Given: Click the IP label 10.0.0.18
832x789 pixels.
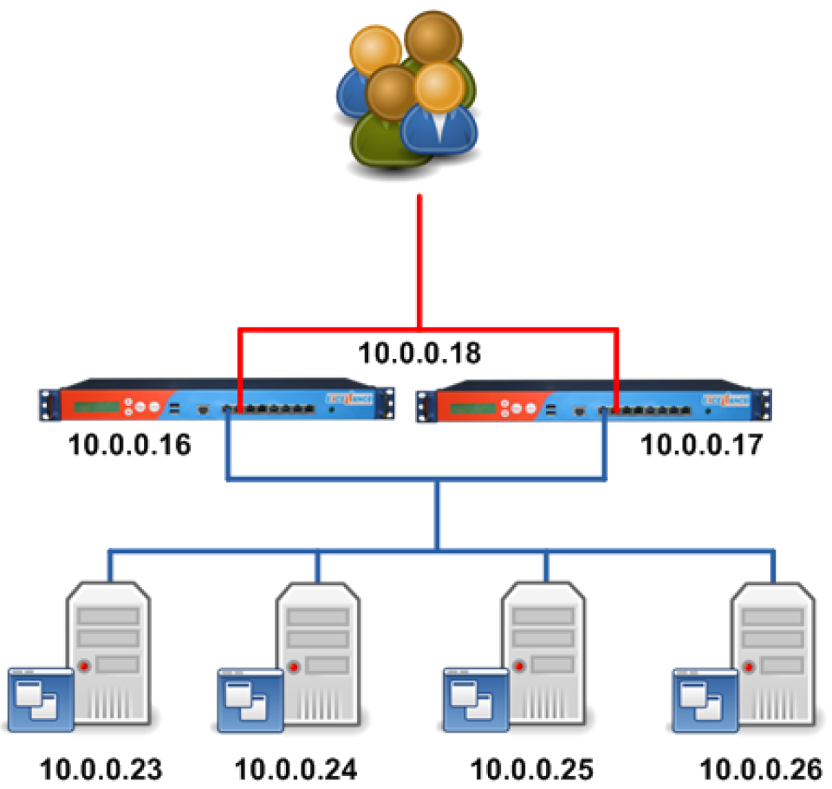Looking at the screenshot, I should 420,354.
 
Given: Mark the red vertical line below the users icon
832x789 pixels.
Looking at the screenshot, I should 420,260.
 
